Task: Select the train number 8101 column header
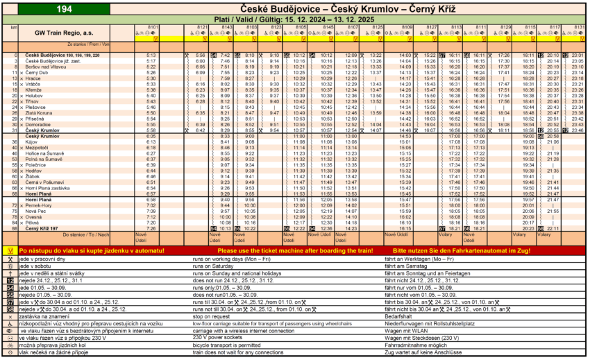pos(153,26)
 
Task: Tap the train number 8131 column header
pos(578,26)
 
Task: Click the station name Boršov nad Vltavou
pos(47,67)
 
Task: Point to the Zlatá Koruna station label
pos(40,113)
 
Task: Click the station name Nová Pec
pos(35,210)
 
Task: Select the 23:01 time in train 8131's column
pos(577,55)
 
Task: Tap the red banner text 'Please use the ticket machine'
pos(295,250)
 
